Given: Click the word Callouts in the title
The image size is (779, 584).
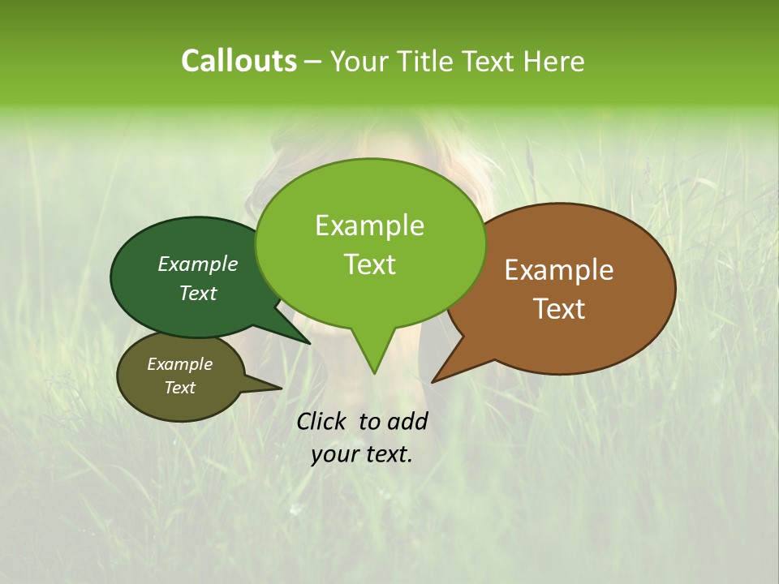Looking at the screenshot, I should pyautogui.click(x=239, y=61).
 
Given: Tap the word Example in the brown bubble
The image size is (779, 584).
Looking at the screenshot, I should pyautogui.click(x=559, y=270).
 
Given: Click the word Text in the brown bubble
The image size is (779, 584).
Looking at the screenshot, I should pyautogui.click(x=559, y=309).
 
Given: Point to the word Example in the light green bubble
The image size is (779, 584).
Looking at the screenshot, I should pyautogui.click(x=369, y=225).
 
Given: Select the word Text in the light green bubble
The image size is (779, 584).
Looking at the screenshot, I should pyautogui.click(x=369, y=264).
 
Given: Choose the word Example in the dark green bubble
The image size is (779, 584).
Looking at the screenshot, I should pyautogui.click(x=197, y=264).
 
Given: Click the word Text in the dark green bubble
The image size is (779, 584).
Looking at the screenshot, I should pyautogui.click(x=197, y=293).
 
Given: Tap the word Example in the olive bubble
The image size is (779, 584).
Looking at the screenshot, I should pyautogui.click(x=179, y=364).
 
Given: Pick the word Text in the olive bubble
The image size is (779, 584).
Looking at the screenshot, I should pyautogui.click(x=179, y=388).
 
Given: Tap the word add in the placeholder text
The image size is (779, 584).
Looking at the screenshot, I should pyautogui.click(x=407, y=422).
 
